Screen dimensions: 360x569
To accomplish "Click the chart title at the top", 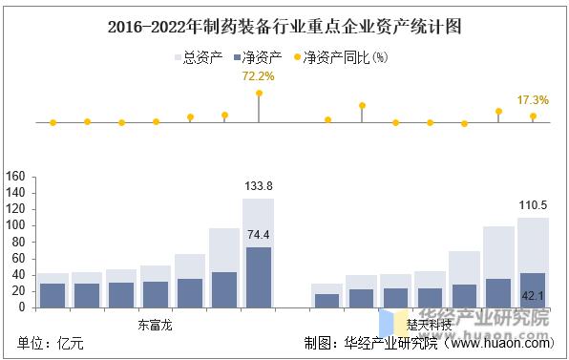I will tap(284, 26).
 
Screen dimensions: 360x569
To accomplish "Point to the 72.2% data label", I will tap(259, 74).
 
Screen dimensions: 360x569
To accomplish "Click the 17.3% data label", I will tap(533, 99).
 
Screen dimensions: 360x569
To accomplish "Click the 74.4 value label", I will tap(258, 235).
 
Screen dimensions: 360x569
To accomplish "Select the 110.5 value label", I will tap(532, 205).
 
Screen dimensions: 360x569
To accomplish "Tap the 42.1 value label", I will tap(532, 295).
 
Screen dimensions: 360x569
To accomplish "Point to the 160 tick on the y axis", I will tap(15, 177).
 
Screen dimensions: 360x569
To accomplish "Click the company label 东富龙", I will tap(155, 324).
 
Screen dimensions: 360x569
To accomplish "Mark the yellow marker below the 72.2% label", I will tap(259, 93).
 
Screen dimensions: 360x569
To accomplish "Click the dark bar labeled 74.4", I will tap(258, 277).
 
